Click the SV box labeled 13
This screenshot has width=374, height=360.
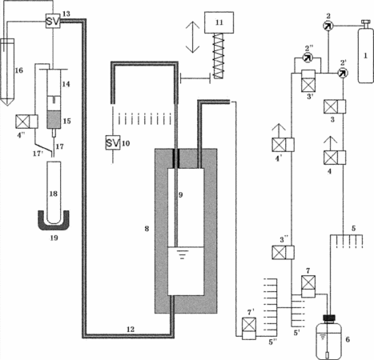point(53,21)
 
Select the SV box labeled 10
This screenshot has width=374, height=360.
point(113,142)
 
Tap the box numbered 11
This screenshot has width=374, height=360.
point(219,22)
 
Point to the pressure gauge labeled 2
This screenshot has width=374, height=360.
point(328,26)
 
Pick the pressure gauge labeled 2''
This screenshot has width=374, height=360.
point(308,58)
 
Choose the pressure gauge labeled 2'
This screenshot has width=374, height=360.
point(343,73)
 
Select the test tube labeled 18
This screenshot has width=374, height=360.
point(54,193)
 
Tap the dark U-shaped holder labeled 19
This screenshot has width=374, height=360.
point(54,222)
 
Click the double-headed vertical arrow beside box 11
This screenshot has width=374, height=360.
point(193,37)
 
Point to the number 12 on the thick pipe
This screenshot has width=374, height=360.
point(131,330)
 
